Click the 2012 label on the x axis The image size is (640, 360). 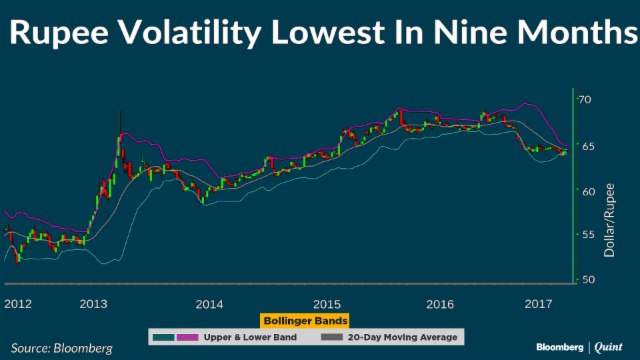pyautogui.click(x=18, y=302)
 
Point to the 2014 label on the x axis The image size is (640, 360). pyautogui.click(x=208, y=302)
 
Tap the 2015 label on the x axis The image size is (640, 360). pyautogui.click(x=326, y=302)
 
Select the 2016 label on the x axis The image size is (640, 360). pyautogui.click(x=441, y=302)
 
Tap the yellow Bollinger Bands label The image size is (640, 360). pyautogui.click(x=305, y=321)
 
